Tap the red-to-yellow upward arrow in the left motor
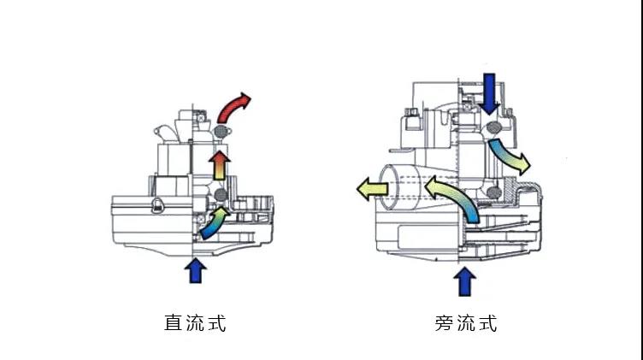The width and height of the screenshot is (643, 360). point(220,165)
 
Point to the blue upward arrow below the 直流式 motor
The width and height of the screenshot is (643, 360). point(196,270)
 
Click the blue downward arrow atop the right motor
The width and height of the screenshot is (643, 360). point(489,94)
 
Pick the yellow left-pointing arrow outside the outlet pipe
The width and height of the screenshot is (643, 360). point(372,189)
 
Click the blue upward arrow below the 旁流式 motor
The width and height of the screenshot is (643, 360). point(464,281)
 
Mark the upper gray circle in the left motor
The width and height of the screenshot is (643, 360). point(221,131)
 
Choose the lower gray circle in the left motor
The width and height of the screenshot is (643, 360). point(221,195)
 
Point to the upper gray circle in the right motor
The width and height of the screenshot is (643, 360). point(494,128)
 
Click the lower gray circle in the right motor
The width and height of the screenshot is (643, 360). point(494,192)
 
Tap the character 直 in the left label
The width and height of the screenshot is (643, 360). point(173,322)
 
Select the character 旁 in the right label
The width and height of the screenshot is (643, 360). point(443,323)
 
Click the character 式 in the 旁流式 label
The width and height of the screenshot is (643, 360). point(487,323)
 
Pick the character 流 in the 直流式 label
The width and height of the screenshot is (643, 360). point(195,322)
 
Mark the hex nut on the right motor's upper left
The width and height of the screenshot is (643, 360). point(411,112)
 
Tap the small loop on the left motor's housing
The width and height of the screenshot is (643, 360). point(157,205)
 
